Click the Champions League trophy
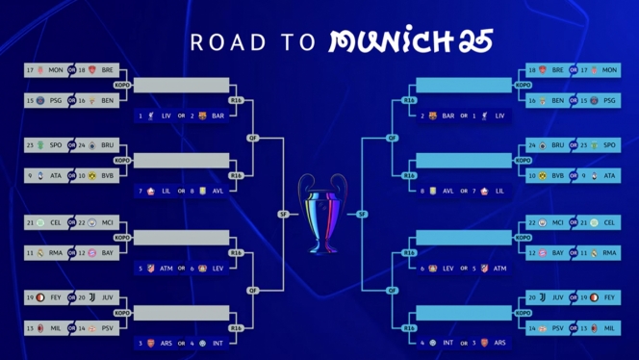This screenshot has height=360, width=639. coord(319,212)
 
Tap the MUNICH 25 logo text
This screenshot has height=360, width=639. coord(411,40)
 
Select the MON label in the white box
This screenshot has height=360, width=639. coord(56,70)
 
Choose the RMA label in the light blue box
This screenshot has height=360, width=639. coord(609,252)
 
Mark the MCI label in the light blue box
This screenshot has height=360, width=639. coord(558,222)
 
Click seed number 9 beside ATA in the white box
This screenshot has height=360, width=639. coord(30,176)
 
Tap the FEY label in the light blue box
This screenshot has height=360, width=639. coord(609,298)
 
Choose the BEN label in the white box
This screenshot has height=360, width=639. coord(107,100)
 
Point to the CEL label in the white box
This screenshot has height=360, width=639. coord(56,222)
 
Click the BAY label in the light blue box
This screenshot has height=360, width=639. coord(558,252)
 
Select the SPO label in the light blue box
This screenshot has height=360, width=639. coord(609,145)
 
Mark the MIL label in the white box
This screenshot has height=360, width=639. coord(56,328)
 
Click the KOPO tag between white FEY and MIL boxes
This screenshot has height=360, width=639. coord(122,313)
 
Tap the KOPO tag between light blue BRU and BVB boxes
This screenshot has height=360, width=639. coord(523,161)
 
